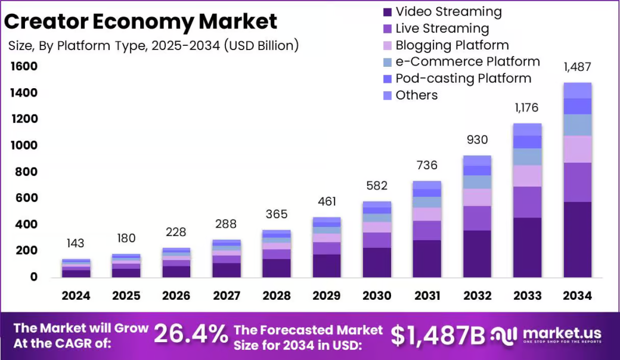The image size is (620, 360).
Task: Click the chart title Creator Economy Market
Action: (141, 21)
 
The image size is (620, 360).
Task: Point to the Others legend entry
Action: (416, 95)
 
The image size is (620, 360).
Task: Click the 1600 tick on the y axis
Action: (23, 66)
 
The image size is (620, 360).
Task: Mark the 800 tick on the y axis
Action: (26, 172)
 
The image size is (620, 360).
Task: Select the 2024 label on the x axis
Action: (76, 296)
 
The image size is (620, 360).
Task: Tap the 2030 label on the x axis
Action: (377, 296)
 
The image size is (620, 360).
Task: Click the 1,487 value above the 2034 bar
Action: (577, 67)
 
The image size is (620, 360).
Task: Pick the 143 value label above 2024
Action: (76, 243)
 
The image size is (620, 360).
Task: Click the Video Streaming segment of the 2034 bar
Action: (577, 240)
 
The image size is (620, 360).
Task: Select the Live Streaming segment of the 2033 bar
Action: (527, 202)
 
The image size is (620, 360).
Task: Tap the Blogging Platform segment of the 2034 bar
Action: (577, 149)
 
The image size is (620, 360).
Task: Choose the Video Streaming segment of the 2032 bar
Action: (477, 254)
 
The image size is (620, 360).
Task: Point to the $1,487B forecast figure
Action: (438, 336)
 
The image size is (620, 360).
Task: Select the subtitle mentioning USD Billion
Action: (154, 46)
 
